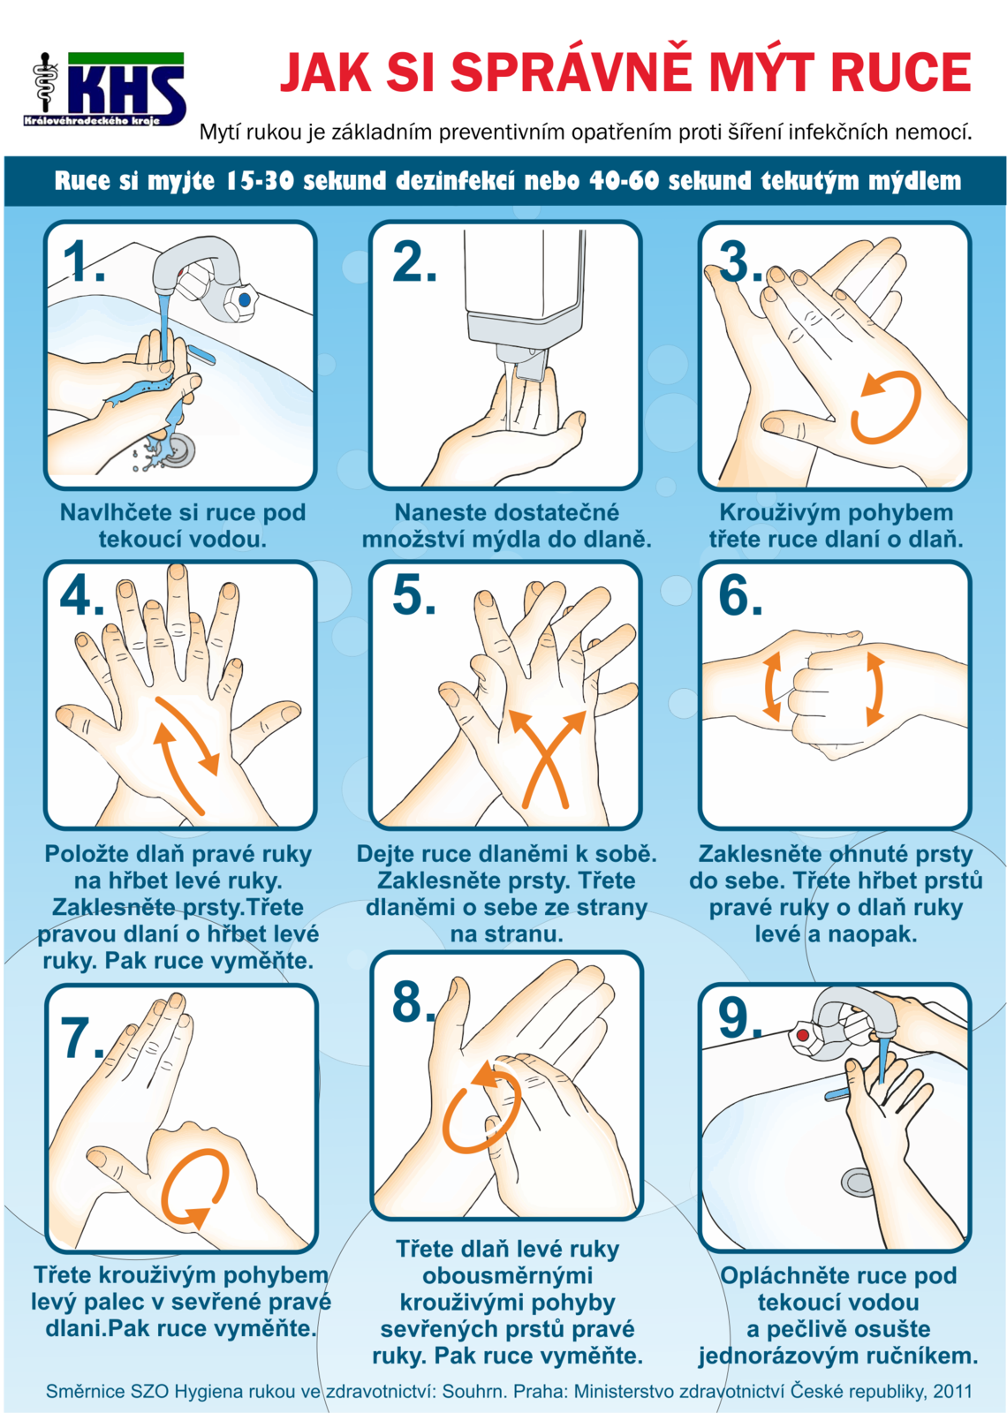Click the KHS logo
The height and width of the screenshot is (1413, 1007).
tap(105, 89)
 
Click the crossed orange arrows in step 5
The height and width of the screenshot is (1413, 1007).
tap(547, 759)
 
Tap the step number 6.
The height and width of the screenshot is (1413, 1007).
tap(740, 595)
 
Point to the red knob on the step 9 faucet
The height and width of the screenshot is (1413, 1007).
tap(803, 1035)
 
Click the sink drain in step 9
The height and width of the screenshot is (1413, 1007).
tap(858, 1181)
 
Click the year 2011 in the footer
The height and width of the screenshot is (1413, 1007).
tap(953, 1391)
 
